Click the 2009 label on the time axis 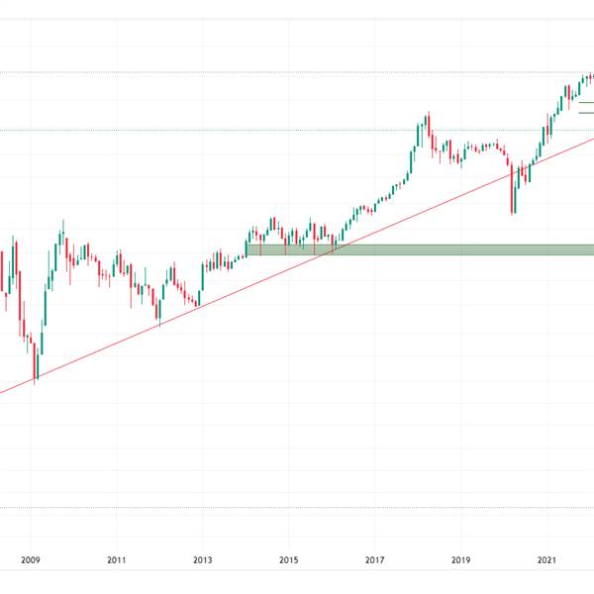[x=32, y=560]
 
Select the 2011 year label [x=117, y=560]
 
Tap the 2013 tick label [x=203, y=560]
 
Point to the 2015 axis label [x=289, y=560]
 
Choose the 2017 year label [x=374, y=560]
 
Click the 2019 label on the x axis [x=460, y=560]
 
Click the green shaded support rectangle [x=416, y=249]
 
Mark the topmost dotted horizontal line [x=297, y=72]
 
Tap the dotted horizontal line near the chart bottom [x=297, y=508]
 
